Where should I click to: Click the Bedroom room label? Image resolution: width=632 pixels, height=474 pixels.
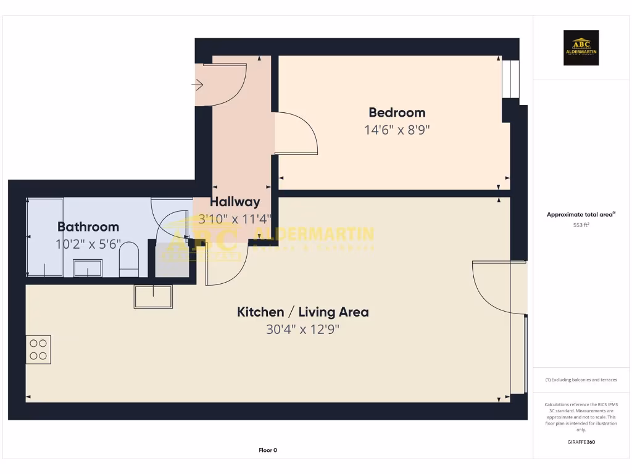click(397, 112)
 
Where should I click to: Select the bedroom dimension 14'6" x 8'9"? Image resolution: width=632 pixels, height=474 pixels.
click(397, 130)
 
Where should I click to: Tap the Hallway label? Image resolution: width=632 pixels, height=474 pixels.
click(235, 202)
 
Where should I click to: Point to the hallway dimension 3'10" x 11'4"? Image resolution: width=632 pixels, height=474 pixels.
click(235, 218)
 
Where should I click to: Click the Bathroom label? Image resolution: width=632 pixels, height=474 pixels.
click(88, 227)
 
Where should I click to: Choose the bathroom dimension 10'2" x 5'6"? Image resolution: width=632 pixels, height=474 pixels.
click(88, 244)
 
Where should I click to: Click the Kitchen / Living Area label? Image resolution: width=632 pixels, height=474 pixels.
click(302, 312)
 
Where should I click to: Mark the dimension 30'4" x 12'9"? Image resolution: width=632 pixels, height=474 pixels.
click(302, 330)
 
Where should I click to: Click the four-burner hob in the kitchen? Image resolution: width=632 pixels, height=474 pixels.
click(38, 349)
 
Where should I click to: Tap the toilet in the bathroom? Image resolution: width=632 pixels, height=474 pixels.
click(128, 259)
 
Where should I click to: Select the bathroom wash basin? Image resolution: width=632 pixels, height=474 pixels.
click(88, 268)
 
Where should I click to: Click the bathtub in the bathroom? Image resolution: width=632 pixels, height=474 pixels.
click(45, 237)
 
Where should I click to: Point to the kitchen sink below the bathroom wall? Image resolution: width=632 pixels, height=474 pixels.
click(153, 297)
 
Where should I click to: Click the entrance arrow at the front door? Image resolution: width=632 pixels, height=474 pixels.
click(199, 85)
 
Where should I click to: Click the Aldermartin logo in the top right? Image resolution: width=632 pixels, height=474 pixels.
click(581, 48)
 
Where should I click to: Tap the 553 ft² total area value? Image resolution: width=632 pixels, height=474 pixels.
click(581, 225)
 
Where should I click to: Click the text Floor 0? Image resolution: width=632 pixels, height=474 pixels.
click(268, 450)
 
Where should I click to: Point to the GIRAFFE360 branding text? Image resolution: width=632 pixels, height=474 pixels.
click(581, 442)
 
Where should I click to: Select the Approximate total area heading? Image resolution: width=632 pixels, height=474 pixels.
click(581, 215)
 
